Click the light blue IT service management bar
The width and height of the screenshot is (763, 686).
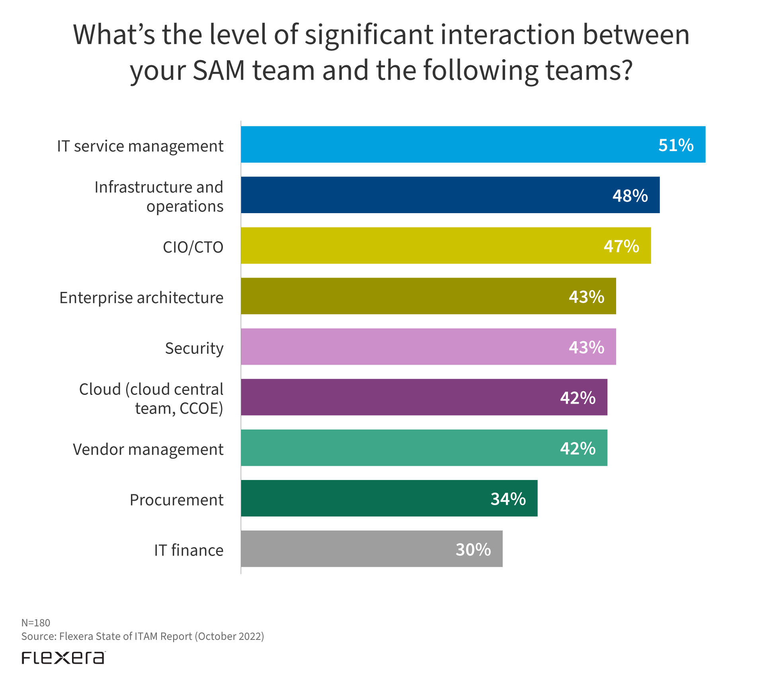pyautogui.click(x=438, y=144)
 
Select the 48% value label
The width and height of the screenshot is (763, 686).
pyautogui.click(x=630, y=196)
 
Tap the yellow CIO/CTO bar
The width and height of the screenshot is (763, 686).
pyautogui.click(x=418, y=246)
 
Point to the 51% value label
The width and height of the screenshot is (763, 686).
pyautogui.click(x=675, y=145)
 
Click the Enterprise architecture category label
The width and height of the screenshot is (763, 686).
pyautogui.click(x=141, y=297)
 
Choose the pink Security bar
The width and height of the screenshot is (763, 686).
pyautogui.click(x=398, y=347)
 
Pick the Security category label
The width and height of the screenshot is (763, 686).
pyautogui.click(x=194, y=348)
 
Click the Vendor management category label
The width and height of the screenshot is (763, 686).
pyautogui.click(x=148, y=449)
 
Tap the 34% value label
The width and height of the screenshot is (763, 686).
pyautogui.click(x=508, y=499)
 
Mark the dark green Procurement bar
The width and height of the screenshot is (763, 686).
pyautogui.click(x=358, y=498)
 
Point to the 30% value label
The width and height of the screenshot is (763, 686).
pyautogui.click(x=473, y=550)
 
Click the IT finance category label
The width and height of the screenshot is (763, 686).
pyautogui.click(x=189, y=550)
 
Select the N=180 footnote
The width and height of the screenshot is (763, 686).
pyautogui.click(x=36, y=623)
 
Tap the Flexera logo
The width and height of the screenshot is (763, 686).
pyautogui.click(x=64, y=658)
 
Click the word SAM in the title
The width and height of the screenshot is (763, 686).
pyautogui.click(x=219, y=70)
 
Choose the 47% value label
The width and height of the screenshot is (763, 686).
pyautogui.click(x=621, y=246)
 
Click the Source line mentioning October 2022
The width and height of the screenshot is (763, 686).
pyautogui.click(x=142, y=636)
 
